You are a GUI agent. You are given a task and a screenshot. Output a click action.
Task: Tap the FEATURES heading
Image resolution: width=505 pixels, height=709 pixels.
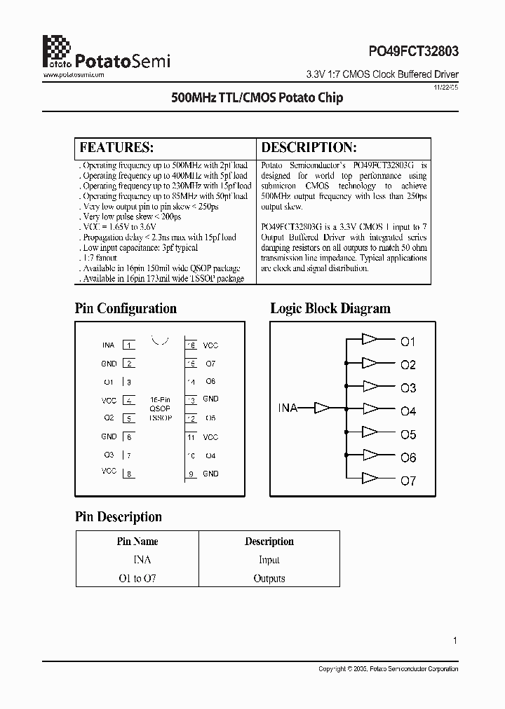pyautogui.click(x=116, y=148)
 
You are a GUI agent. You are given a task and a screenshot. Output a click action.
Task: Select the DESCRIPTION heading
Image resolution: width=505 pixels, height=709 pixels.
pyautogui.click(x=309, y=148)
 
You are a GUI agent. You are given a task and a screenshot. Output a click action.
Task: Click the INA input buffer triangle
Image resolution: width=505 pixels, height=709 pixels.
pyautogui.click(x=322, y=407)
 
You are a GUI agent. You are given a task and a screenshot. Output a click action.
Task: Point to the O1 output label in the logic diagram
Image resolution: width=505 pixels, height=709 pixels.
pyautogui.click(x=408, y=342)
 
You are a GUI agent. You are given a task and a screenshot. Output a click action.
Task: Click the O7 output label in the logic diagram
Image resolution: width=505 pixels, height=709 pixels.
pyautogui.click(x=408, y=481)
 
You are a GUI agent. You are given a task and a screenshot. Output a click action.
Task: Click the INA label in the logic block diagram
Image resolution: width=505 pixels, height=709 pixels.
pyautogui.click(x=288, y=408)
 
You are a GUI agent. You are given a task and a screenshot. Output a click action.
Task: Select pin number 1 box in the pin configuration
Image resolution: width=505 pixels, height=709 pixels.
pyautogui.click(x=129, y=345)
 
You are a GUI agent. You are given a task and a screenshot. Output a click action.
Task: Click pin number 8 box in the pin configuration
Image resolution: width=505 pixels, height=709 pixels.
pyautogui.click(x=129, y=474)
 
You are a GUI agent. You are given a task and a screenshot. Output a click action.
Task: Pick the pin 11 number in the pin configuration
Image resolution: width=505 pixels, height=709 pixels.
pyautogui.click(x=191, y=437)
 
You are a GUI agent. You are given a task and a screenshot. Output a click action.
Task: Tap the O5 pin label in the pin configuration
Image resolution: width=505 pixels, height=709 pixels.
pyautogui.click(x=210, y=418)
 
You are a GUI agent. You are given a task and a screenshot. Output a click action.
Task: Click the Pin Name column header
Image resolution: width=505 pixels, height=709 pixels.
pyautogui.click(x=137, y=542)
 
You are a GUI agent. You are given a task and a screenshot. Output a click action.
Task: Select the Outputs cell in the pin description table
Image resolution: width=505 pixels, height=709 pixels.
pyautogui.click(x=269, y=579)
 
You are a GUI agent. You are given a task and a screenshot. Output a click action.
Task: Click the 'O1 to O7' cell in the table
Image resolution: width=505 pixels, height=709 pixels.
pyautogui.click(x=137, y=579)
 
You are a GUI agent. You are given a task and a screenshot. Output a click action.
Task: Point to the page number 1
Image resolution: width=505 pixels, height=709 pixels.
pyautogui.click(x=455, y=640)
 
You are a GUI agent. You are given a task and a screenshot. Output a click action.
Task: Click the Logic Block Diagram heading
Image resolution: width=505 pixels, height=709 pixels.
pyautogui.click(x=330, y=308)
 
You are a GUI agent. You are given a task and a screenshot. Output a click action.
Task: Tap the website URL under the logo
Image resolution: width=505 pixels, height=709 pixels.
pyautogui.click(x=74, y=74)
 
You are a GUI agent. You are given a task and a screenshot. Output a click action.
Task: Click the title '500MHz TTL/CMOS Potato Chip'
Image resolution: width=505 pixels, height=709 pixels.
pyautogui.click(x=257, y=98)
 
